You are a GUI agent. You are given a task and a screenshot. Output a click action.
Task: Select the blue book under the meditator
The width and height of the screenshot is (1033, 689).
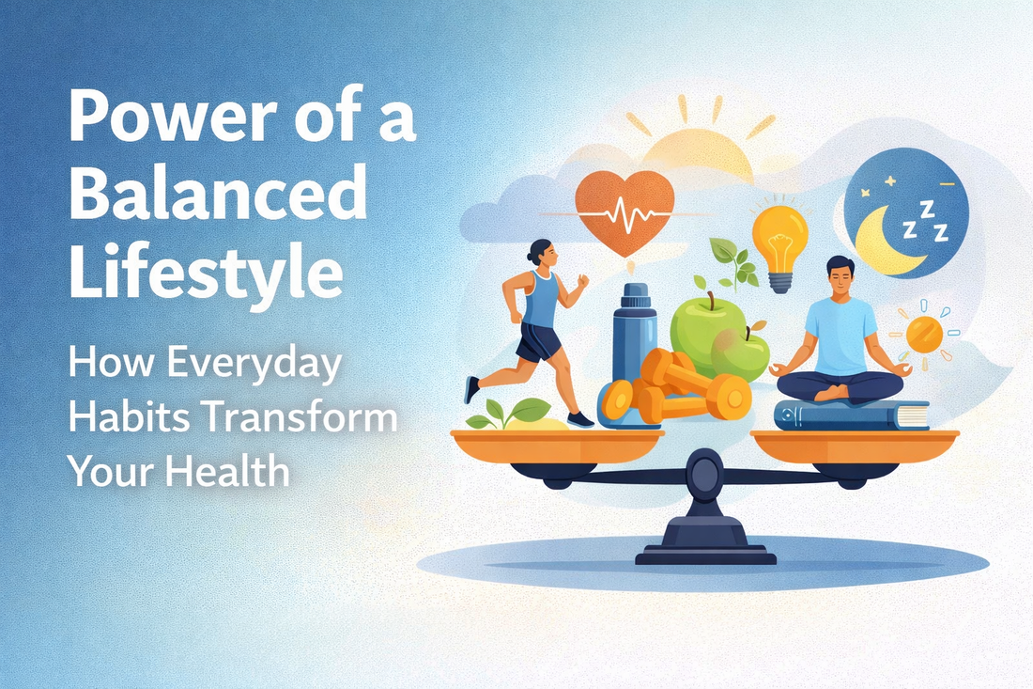tap(851, 415)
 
